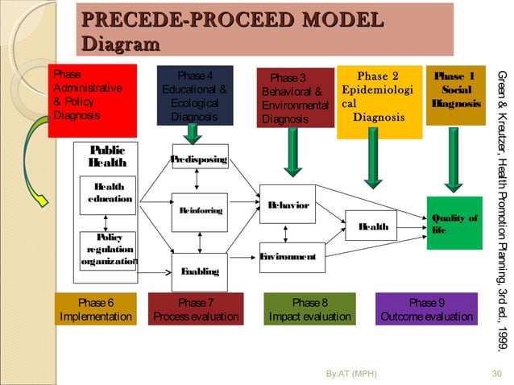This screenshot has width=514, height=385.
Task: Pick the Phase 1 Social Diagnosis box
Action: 455,94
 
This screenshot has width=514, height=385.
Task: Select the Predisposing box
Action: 199,158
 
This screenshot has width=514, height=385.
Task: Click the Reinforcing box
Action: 199,211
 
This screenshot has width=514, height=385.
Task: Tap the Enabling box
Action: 199,271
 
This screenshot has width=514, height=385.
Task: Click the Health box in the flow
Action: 373,226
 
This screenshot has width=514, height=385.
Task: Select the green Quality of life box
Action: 454,223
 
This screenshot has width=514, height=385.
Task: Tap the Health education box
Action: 107,193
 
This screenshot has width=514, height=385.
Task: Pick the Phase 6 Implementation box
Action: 96,309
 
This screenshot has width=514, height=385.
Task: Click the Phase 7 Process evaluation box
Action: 196,309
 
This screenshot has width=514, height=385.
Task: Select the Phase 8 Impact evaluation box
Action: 309,309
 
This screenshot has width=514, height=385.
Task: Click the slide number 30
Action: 496,374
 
